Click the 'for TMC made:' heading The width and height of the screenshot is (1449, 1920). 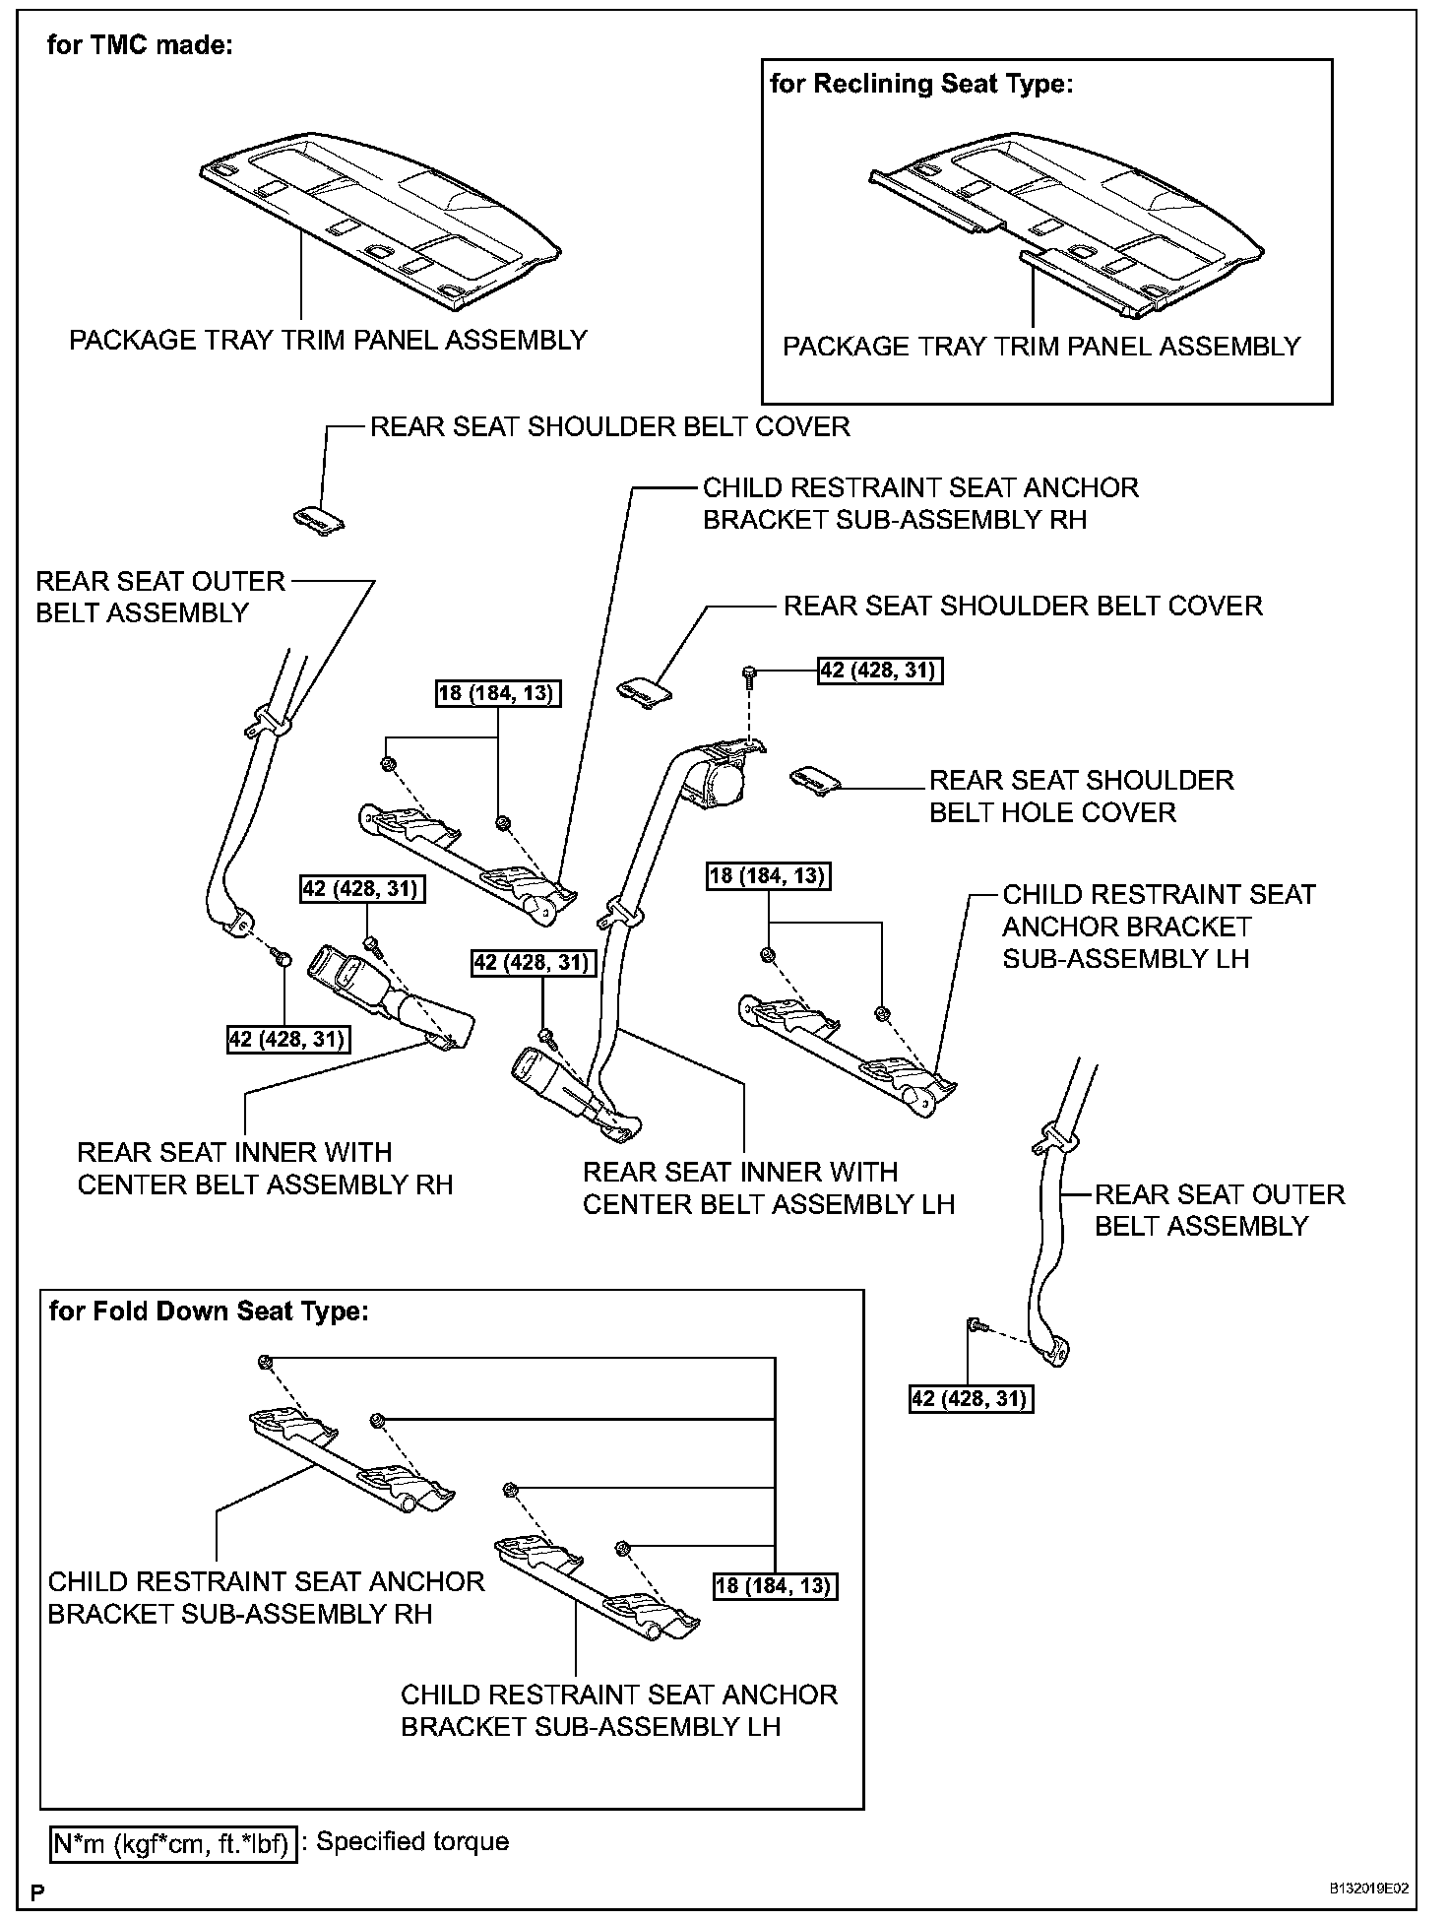click(x=140, y=46)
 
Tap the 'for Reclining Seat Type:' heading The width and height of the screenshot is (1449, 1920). click(x=920, y=84)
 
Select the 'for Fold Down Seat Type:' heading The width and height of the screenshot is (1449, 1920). click(x=209, y=1312)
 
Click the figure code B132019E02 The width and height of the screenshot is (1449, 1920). click(x=1368, y=1889)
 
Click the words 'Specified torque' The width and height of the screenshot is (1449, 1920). click(x=412, y=1842)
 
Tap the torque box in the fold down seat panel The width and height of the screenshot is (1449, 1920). click(x=775, y=1585)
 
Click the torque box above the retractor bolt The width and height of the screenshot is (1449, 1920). click(x=879, y=671)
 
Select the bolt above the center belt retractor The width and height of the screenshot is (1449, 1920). click(x=749, y=675)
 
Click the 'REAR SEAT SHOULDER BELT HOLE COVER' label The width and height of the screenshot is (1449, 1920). click(x=1081, y=796)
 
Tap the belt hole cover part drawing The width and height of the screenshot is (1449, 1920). click(x=815, y=780)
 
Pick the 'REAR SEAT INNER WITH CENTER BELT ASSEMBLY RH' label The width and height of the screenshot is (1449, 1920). click(x=265, y=1168)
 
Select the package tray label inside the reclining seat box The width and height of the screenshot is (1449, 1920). click(x=1041, y=347)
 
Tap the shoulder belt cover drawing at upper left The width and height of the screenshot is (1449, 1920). click(x=319, y=520)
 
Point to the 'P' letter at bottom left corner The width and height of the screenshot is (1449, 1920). click(x=38, y=1893)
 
